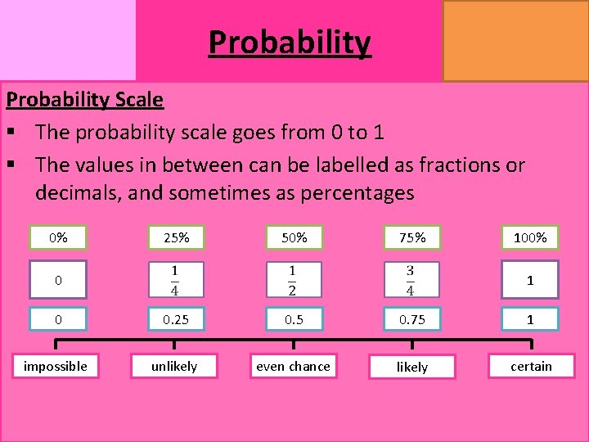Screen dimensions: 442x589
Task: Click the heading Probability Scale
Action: pyautogui.click(x=85, y=100)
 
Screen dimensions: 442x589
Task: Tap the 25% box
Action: pyautogui.click(x=176, y=237)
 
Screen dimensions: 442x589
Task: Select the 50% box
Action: pyautogui.click(x=294, y=237)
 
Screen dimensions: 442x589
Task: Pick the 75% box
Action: pyautogui.click(x=411, y=237)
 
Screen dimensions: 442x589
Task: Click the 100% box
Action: pyautogui.click(x=530, y=237)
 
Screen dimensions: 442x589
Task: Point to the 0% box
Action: pyautogui.click(x=58, y=237)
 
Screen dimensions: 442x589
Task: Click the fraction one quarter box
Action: pyautogui.click(x=176, y=280)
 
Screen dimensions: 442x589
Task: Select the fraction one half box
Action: pyautogui.click(x=294, y=280)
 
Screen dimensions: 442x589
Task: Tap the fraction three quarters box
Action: pyautogui.click(x=411, y=280)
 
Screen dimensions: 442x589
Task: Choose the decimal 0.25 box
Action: pyautogui.click(x=176, y=319)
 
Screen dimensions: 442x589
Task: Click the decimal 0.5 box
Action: pyautogui.click(x=294, y=319)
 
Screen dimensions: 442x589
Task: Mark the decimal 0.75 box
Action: pyautogui.click(x=411, y=319)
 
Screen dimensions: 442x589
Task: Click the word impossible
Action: pyautogui.click(x=56, y=366)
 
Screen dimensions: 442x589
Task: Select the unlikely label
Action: pyautogui.click(x=174, y=366)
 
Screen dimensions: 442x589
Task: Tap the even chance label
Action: pyautogui.click(x=294, y=366)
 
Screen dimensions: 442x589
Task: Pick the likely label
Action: pyautogui.click(x=411, y=367)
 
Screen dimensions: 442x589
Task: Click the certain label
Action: pyautogui.click(x=531, y=366)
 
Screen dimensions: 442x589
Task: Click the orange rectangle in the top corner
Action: pyautogui.click(x=515, y=40)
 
